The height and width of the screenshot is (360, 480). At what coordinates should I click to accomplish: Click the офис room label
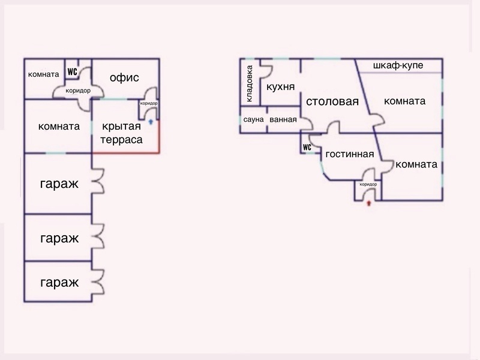[x=125, y=77]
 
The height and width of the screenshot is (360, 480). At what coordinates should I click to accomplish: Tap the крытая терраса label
[x=122, y=133]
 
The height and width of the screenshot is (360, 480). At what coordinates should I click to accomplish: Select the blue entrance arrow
[x=151, y=121]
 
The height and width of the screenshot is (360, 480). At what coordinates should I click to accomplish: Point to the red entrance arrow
[x=368, y=204]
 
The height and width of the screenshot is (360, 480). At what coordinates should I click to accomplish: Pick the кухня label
[x=280, y=87]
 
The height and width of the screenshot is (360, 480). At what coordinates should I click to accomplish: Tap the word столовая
[x=332, y=101]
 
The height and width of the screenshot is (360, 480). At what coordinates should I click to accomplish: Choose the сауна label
[x=254, y=119]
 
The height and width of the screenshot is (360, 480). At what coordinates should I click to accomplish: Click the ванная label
[x=283, y=119]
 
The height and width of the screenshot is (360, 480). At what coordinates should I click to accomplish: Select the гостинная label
[x=350, y=154]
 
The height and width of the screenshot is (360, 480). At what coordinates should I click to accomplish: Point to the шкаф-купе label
[x=398, y=65]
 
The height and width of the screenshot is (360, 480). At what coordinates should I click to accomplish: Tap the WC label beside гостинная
[x=307, y=147]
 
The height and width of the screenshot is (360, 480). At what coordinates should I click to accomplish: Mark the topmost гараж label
[x=59, y=184]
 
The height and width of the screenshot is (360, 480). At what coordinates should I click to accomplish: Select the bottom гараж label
[x=59, y=282]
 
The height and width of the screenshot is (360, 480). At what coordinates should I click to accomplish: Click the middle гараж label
[x=59, y=238]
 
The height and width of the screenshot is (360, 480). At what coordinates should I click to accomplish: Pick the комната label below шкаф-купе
[x=404, y=101]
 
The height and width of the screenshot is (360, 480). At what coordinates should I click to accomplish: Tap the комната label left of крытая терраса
[x=59, y=127]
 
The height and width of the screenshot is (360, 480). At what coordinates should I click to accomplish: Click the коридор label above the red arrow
[x=368, y=184]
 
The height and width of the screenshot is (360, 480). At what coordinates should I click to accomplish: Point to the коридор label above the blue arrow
[x=149, y=103]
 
